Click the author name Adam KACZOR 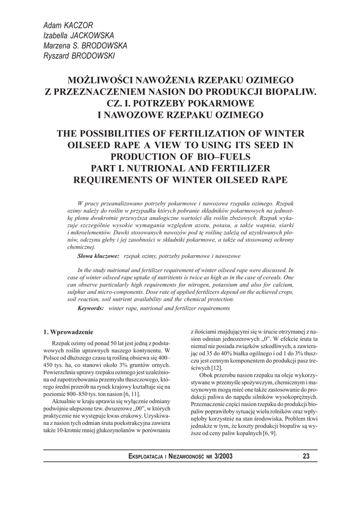pyautogui.click(x=68, y=25)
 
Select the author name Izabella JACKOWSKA pyautogui.click(x=79, y=35)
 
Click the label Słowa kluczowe pyautogui.click(x=98, y=256)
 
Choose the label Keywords pyautogui.click(x=90, y=308)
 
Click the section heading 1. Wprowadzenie pyautogui.click(x=68, y=332)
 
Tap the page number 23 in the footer pyautogui.click(x=306, y=456)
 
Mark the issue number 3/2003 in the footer pyautogui.click(x=221, y=456)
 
